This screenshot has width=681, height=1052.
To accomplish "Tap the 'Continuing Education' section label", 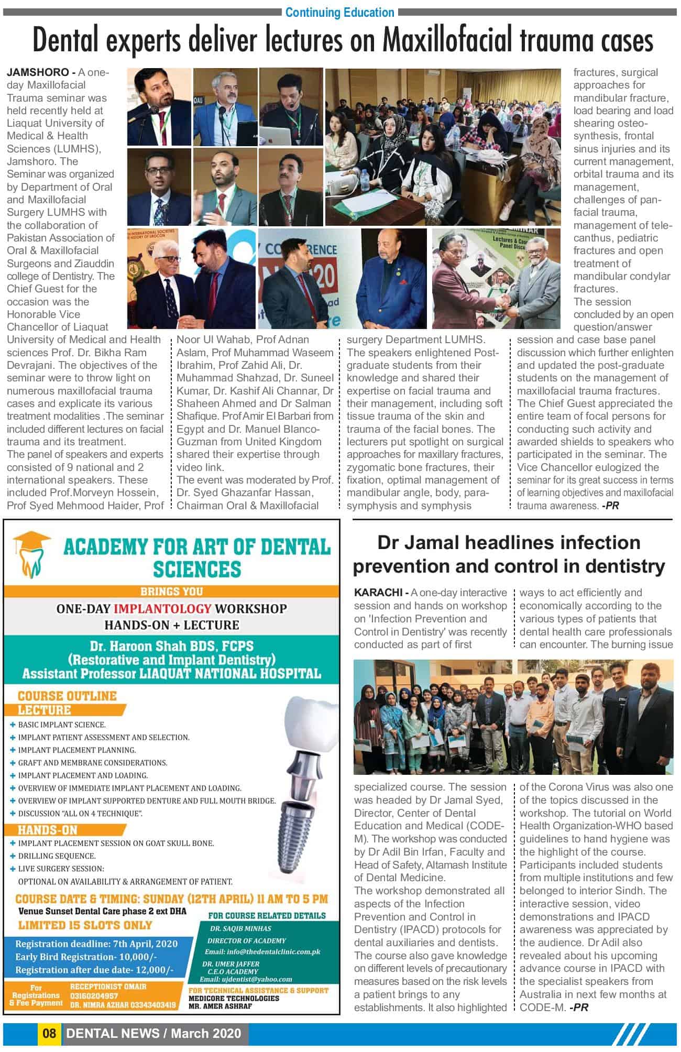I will pyautogui.click(x=339, y=12).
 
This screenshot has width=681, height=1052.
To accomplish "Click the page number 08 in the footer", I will pyautogui.click(x=49, y=1033).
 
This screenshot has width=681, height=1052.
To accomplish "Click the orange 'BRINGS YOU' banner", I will pyautogui.click(x=171, y=591).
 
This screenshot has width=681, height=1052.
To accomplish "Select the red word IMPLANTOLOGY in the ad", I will pyautogui.click(x=162, y=609).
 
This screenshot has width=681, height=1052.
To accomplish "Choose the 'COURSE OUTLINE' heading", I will pyautogui.click(x=67, y=696).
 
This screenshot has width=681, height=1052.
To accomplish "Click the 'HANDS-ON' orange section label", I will pyautogui.click(x=48, y=830).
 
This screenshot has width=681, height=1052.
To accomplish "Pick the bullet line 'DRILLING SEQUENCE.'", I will pyautogui.click(x=57, y=856).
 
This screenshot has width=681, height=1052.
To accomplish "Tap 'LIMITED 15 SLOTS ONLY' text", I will pyautogui.click(x=85, y=925).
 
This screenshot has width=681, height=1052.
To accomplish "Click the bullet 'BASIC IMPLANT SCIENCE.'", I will pyautogui.click(x=62, y=725).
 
